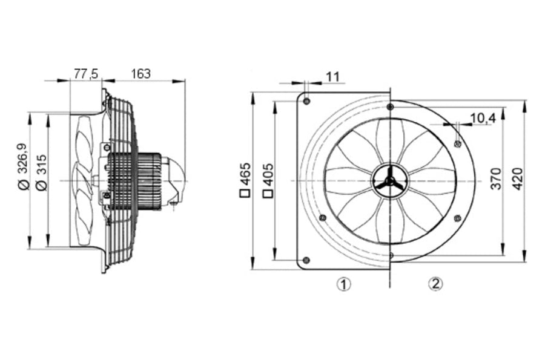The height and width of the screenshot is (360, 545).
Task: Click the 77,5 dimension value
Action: click(86, 74)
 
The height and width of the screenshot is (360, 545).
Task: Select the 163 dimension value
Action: click(140, 74)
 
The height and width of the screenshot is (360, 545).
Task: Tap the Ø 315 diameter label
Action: click(42, 172)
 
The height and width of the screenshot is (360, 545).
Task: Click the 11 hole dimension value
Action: click(333, 77)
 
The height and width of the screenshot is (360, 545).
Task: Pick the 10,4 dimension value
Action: click(483, 119)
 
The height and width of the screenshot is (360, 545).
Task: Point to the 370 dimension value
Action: click(497, 178)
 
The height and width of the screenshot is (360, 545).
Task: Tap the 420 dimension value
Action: click(518, 178)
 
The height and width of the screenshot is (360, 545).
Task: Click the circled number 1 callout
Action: click(344, 284)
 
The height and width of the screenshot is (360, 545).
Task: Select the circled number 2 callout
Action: click(435, 284)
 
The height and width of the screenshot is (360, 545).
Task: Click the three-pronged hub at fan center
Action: click(389, 182)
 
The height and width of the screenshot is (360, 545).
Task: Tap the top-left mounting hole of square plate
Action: click(306, 102)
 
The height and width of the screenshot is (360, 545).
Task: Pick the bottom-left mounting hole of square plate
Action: click(306, 260)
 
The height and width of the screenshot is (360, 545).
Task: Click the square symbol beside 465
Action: click(245, 194)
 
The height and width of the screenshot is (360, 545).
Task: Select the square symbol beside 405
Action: click(269, 194)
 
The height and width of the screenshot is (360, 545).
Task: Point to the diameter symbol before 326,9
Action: click(24, 186)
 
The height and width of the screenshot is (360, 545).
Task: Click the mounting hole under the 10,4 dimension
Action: click(458, 143)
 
